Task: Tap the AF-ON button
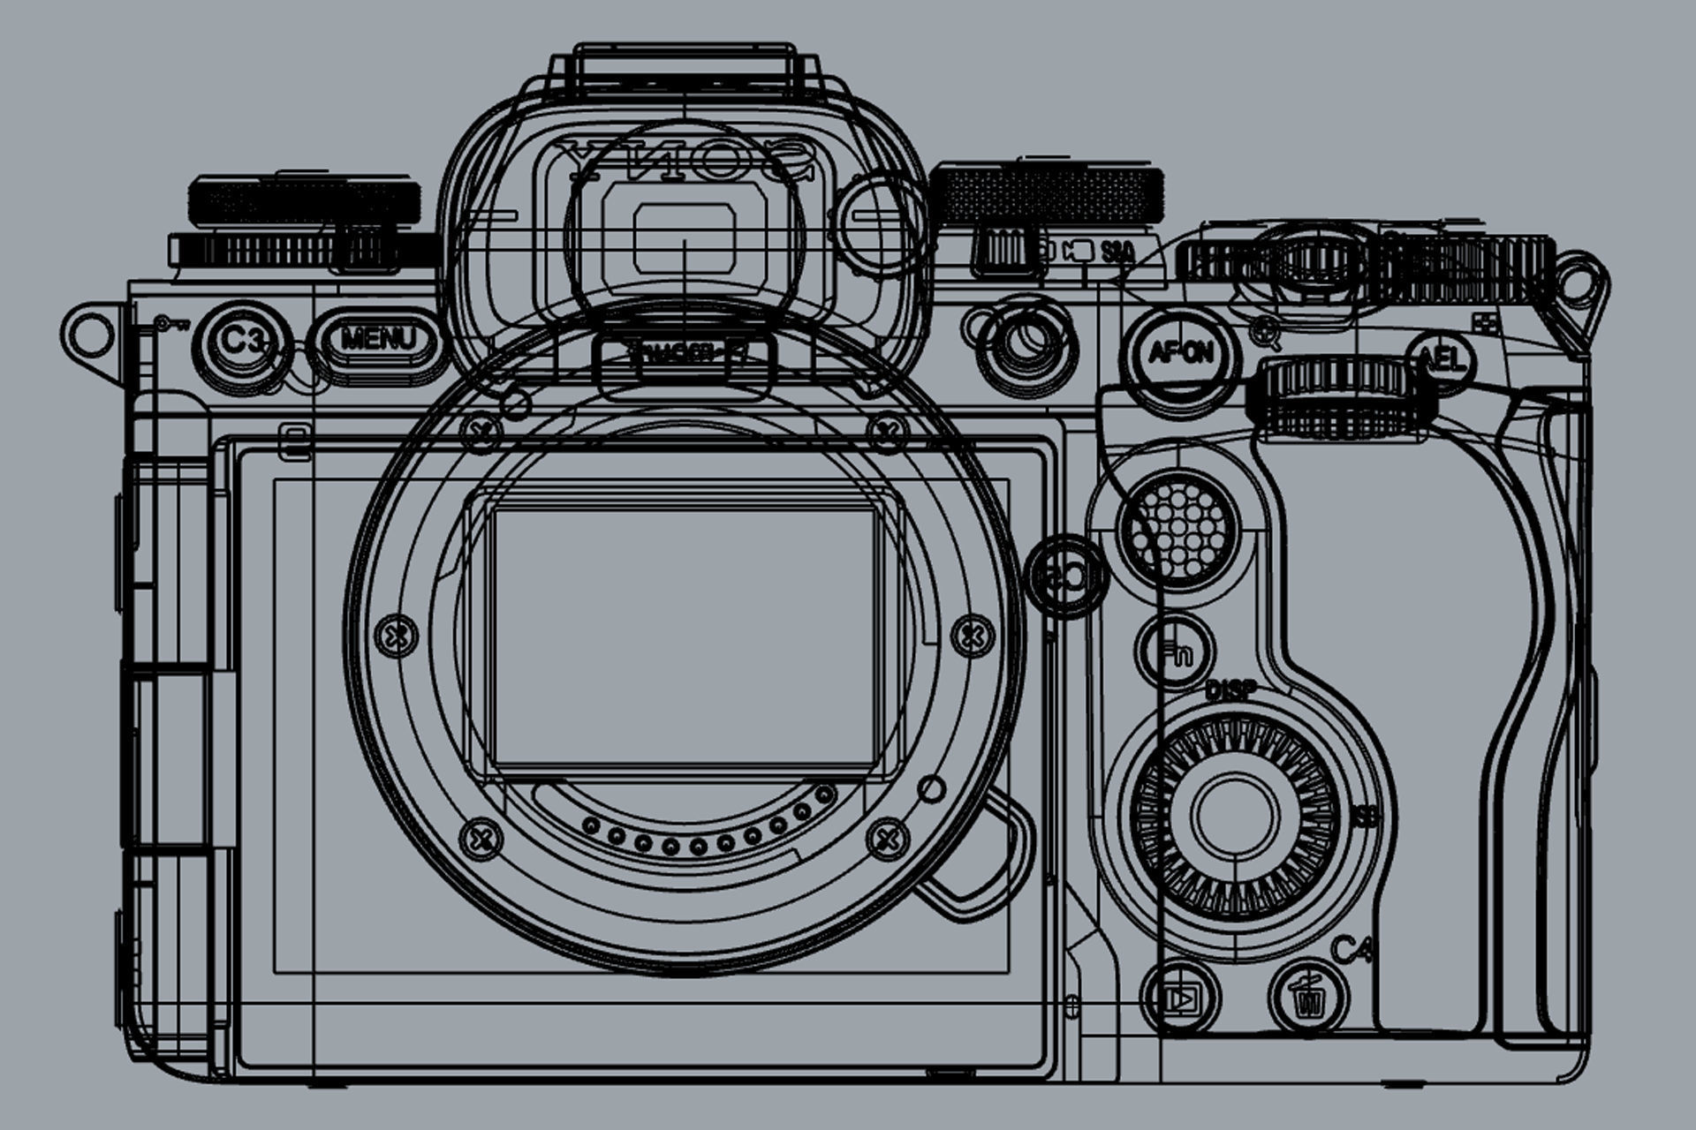point(1180,354)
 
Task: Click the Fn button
point(1176,654)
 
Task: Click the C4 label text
point(1351,951)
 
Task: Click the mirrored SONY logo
point(685,160)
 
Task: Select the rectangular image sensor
point(685,636)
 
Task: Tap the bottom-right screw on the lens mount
point(886,835)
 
